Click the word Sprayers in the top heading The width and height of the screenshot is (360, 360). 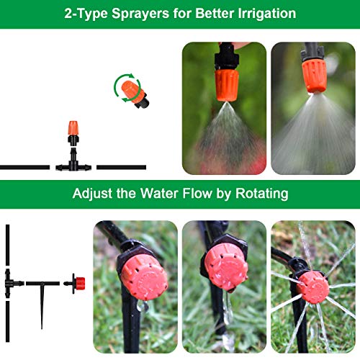pos(140,14)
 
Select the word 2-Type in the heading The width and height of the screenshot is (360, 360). pos(86,14)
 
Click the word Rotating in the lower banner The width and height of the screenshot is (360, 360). pos(262,194)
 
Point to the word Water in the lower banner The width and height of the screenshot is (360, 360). pos(159,193)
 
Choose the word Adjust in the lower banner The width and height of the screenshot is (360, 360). pos(92,194)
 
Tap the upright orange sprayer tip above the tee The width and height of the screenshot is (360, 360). pos(73,128)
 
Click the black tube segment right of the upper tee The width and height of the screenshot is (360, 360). pos(122,167)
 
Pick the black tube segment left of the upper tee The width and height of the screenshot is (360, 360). pos(24,167)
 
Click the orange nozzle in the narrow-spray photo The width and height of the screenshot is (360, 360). pos(227,85)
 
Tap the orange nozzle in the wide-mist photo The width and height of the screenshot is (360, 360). pos(315,76)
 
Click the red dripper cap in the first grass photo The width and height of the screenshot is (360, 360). pos(144,277)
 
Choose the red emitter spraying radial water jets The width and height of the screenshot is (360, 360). pos(313,287)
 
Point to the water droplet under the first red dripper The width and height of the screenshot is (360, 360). pos(142,306)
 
